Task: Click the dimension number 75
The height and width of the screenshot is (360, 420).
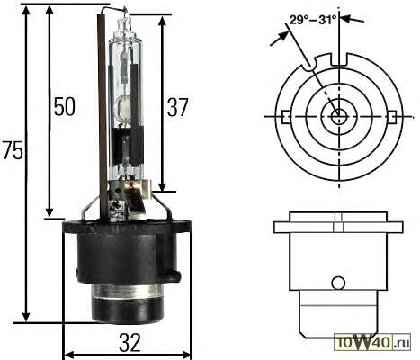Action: [x=13, y=150]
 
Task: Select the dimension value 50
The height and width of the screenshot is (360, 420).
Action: [x=64, y=106]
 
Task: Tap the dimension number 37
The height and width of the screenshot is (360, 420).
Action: [x=177, y=107]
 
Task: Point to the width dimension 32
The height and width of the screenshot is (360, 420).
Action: [x=130, y=343]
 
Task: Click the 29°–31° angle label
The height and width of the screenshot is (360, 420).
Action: [x=313, y=21]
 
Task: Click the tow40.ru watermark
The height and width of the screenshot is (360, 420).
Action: [x=373, y=342]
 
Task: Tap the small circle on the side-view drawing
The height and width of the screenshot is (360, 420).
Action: [x=338, y=283]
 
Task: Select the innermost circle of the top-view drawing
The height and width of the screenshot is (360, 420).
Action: [x=339, y=116]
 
